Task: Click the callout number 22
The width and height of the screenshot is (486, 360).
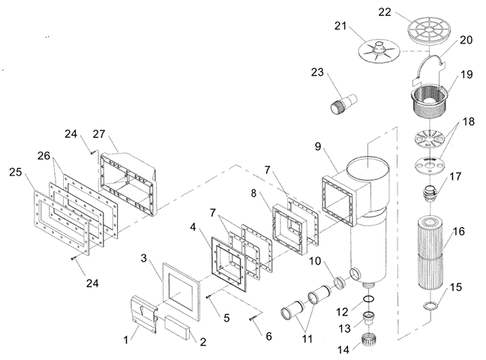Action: coord(385,12)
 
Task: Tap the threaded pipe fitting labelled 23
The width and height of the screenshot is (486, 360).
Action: coord(343,104)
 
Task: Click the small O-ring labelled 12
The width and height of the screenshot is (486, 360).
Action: coord(368,299)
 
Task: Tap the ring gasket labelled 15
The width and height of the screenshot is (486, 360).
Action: coord(431,306)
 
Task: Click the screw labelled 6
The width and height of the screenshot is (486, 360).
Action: coord(253,319)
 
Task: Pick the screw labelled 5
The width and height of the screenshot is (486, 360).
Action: coord(209,297)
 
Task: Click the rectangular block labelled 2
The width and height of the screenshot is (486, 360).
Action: coord(176,328)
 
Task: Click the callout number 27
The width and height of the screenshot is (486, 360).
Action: coord(99,134)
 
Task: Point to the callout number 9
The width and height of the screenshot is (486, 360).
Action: coord(318,146)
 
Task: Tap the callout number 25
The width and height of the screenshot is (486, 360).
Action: coord(16,172)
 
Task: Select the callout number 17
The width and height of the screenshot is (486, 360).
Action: coord(455,176)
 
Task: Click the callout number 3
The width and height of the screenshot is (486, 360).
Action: coord(143,258)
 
